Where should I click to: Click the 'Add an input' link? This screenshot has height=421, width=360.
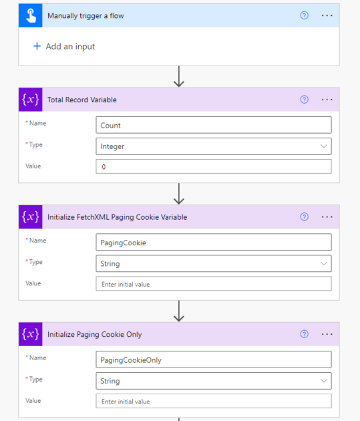[x=64, y=47]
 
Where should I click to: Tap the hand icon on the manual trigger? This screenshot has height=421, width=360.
[x=31, y=15]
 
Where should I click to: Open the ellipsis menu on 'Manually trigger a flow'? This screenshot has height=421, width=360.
[x=327, y=15]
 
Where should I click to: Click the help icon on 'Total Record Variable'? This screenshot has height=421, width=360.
[x=304, y=100]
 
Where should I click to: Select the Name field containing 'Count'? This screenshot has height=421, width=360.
[x=214, y=125]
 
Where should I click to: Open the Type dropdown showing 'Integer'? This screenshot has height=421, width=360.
[x=214, y=146]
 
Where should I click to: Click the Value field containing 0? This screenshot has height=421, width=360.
[x=214, y=166]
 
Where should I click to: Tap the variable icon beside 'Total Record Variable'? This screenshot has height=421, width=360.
[x=31, y=100]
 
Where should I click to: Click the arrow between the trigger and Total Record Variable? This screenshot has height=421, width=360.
[x=178, y=77]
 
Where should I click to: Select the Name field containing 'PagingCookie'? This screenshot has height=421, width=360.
[x=214, y=242]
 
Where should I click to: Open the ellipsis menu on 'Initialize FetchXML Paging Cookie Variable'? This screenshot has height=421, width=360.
[x=327, y=217]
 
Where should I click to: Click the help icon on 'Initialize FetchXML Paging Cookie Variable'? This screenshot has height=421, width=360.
[x=304, y=217]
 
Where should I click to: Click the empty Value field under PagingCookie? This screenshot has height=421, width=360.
[x=214, y=284]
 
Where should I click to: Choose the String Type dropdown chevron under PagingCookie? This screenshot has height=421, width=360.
[x=324, y=263]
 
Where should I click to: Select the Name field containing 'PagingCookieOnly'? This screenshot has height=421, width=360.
[x=214, y=360]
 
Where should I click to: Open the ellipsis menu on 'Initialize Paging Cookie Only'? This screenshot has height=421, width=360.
[x=327, y=334]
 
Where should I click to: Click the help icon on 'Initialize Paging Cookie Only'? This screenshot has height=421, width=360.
[x=304, y=334]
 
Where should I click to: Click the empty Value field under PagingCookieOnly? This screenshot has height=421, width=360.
[x=214, y=401]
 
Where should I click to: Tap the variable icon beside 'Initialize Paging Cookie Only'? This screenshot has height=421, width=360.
[x=31, y=334]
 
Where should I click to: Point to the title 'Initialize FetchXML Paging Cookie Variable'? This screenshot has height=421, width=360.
[x=118, y=217]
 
